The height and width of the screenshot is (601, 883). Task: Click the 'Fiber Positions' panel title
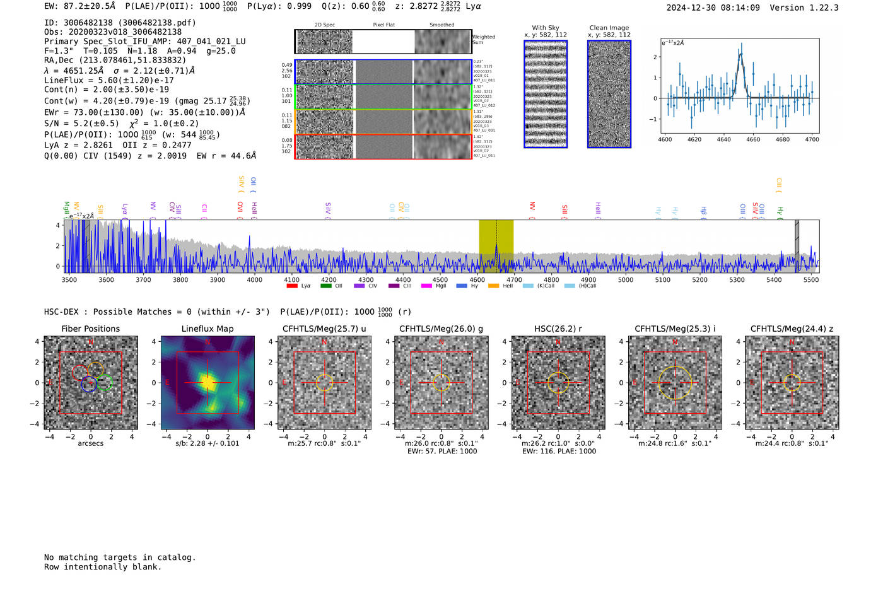tap(90, 329)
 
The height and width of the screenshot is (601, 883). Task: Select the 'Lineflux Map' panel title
tap(207, 329)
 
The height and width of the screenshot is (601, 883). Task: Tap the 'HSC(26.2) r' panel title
tap(558, 329)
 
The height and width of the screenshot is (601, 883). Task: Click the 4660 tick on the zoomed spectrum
tap(753, 139)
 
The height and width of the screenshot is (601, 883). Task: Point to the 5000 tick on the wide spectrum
tap(625, 280)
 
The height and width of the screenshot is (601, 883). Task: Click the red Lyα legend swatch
tap(292, 286)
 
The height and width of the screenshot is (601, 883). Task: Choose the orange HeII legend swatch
tap(493, 286)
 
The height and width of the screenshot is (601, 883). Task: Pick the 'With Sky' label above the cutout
tap(545, 28)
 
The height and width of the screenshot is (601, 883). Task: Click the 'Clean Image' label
tap(609, 28)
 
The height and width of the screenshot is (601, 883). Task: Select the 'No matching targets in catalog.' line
tap(120, 557)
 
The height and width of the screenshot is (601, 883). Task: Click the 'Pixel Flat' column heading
tap(383, 25)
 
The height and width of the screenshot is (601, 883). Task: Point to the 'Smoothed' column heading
tap(441, 25)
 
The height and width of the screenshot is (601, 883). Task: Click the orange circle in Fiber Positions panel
tap(95, 370)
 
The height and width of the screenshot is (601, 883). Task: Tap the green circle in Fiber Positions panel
tap(105, 382)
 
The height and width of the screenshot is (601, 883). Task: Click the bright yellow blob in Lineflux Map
tap(208, 383)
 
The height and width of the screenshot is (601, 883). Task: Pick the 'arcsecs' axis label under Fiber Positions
tap(90, 443)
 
